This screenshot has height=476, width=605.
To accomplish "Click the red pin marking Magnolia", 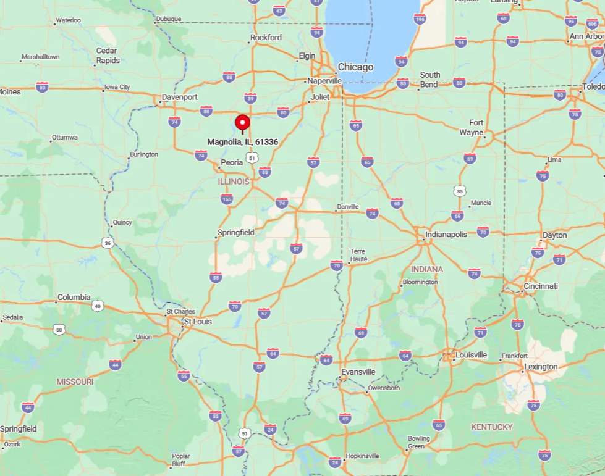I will [242, 122].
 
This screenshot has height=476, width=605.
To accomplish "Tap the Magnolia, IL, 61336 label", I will [242, 142].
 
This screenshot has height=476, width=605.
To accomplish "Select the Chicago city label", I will [355, 67].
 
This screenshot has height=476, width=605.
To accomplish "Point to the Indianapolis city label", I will [446, 235].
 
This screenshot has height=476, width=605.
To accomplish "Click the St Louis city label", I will [197, 322].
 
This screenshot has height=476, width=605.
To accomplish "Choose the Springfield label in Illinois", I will [235, 233].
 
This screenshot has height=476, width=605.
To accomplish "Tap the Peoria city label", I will [232, 162].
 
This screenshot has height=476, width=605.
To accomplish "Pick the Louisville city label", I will [471, 355].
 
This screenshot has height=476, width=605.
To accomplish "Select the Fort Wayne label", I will [476, 127].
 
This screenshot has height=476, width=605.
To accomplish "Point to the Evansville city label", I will [358, 372].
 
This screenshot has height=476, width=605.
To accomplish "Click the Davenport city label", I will [179, 98].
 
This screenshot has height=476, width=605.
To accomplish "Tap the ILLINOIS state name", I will [234, 182].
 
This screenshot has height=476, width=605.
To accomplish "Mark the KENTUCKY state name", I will [492, 427].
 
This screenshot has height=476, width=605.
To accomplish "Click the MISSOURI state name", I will [75, 382].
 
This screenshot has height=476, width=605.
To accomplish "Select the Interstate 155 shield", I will [227, 199].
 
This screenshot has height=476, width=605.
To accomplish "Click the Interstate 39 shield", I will [250, 98].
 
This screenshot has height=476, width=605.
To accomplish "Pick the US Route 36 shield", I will [108, 243].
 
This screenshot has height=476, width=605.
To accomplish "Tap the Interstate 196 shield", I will [420, 19].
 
